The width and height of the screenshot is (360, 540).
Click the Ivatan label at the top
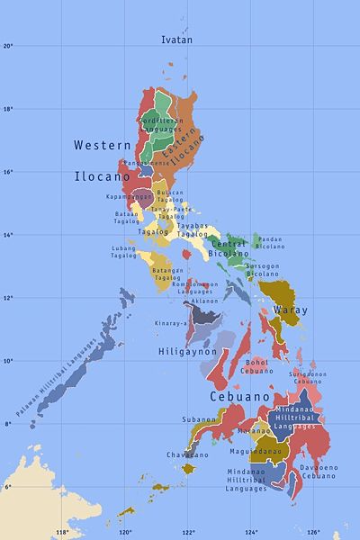coord(176,40)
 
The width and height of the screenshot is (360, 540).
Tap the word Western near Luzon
coord(96,144)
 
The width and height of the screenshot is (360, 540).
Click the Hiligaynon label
coord(184,351)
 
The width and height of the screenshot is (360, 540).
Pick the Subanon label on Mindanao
coord(199,419)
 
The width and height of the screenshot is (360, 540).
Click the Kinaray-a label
coord(171,322)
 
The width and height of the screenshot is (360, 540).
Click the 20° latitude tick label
coord(7,46)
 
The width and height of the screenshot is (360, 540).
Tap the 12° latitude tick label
coord(7,298)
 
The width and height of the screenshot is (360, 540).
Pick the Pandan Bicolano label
coord(269,242)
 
